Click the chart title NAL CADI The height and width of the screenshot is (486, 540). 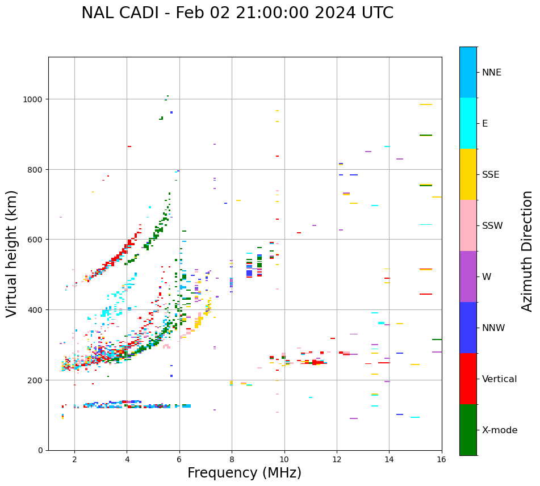pos(237,13)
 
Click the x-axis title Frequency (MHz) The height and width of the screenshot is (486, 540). pos(244,473)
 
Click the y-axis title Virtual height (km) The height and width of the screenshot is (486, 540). pos(12,253)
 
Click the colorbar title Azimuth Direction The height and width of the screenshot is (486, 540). pos(528,251)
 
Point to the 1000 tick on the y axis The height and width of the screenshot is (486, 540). pos(34,99)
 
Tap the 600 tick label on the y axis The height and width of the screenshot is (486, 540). pos(36,240)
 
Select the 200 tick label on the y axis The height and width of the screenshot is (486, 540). pos(36,380)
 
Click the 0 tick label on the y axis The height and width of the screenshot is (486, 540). pos(40,450)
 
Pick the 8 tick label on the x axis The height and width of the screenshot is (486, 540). pos(232,459)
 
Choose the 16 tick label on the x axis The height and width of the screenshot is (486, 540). pos(442,459)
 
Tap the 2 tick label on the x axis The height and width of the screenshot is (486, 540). pos(74,459)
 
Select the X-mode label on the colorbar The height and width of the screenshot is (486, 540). pos(500,430)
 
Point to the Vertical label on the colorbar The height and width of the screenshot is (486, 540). pos(499,379)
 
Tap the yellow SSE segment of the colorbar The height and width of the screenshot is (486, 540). pos(468,174)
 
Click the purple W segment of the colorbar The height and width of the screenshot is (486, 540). pos(468,276)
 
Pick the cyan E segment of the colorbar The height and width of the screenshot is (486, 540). pos(468,123)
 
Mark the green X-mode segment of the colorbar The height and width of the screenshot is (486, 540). pos(468,430)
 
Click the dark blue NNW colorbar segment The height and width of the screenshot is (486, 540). pos(468,328)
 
